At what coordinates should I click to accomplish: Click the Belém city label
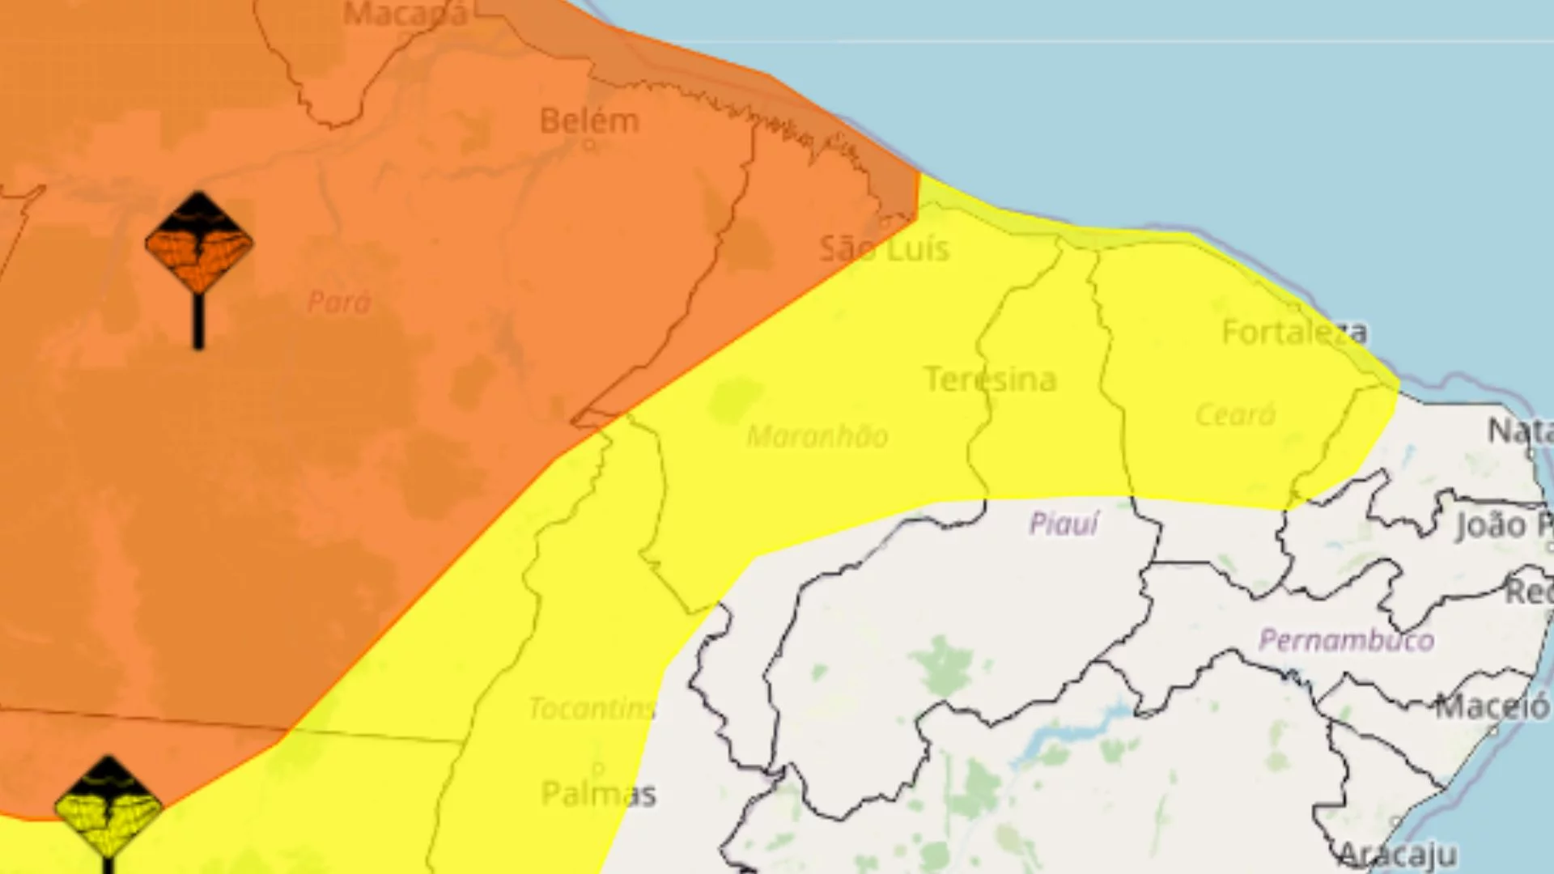[x=589, y=121]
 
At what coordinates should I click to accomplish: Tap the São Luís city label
[x=884, y=248]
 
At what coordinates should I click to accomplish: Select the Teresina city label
[x=991, y=379]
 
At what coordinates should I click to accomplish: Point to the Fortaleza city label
[x=1294, y=332]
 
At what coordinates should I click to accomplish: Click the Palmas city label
[x=598, y=794]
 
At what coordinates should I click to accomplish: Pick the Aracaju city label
[x=1397, y=855]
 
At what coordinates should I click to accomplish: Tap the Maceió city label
[x=1492, y=707]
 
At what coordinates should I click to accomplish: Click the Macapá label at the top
[x=405, y=14]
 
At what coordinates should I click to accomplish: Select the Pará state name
[x=339, y=303]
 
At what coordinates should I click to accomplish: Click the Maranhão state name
[x=817, y=436]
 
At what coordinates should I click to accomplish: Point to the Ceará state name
[x=1235, y=415]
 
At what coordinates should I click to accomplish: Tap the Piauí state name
[x=1064, y=524]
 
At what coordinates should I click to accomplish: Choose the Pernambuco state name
[x=1346, y=640]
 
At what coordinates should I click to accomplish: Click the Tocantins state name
[x=592, y=709]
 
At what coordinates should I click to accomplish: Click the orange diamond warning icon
[x=199, y=243]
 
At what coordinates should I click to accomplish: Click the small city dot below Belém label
[x=589, y=146]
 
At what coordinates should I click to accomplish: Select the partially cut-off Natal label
[x=1519, y=431]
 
